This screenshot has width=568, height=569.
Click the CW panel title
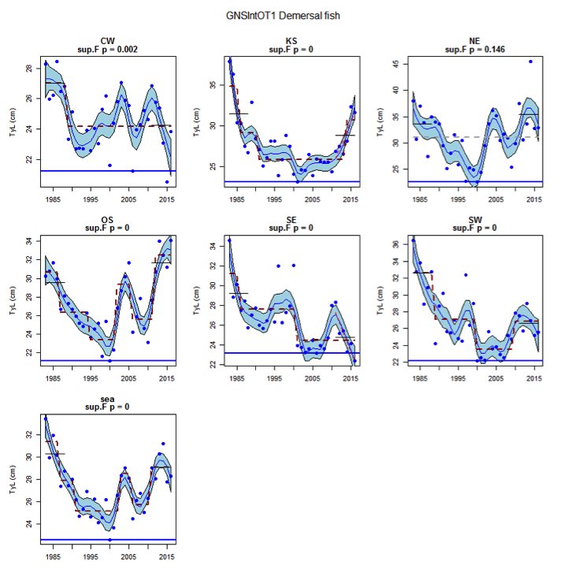pyautogui.click(x=109, y=41)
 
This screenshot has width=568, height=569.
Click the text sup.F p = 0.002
pyautogui.click(x=109, y=50)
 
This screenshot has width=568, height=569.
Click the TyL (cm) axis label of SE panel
pyautogui.click(x=196, y=301)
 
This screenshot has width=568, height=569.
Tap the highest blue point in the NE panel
pyautogui.click(x=530, y=61)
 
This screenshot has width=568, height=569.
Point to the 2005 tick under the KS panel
pyautogui.click(x=314, y=198)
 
